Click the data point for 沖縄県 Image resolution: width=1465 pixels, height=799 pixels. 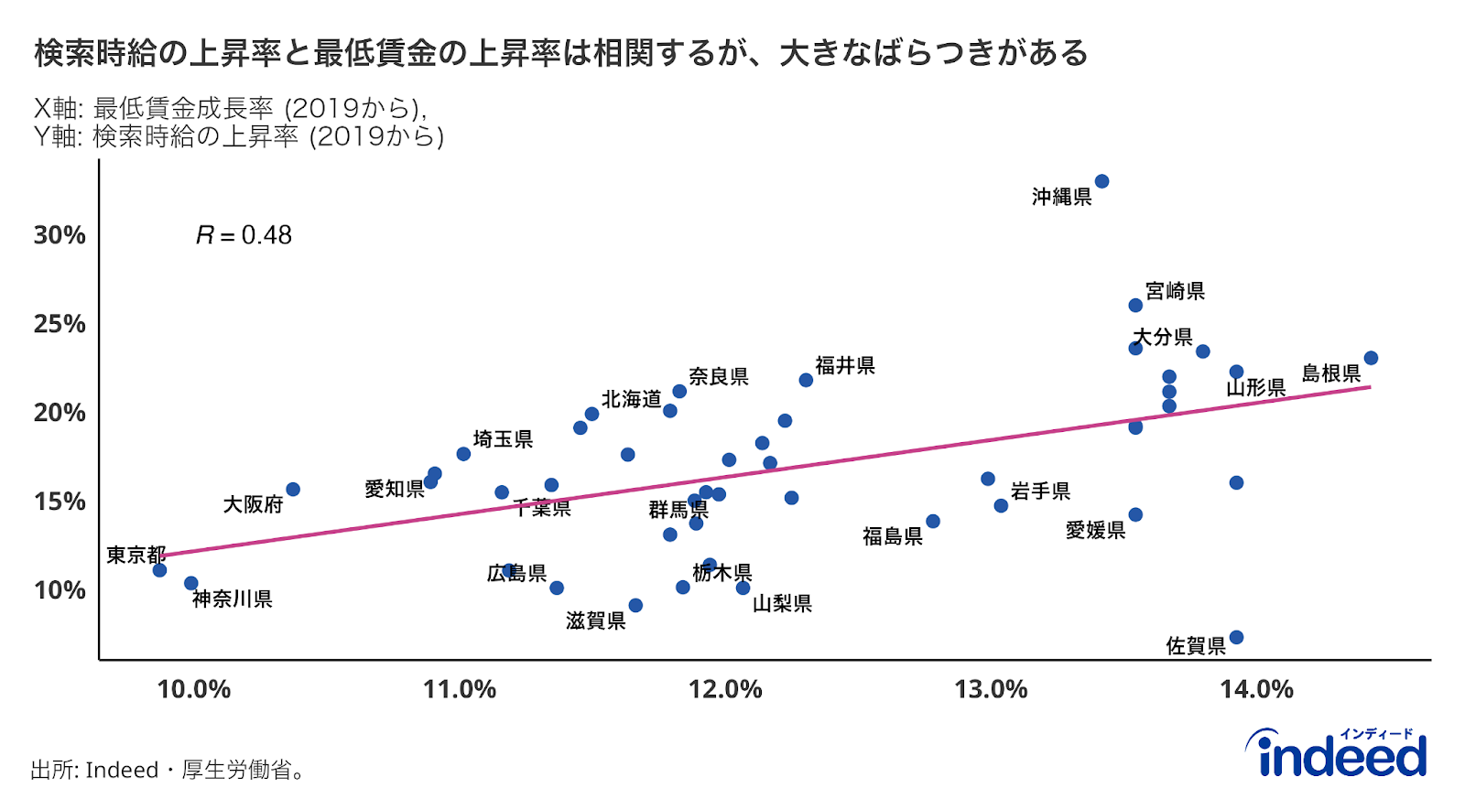click(x=1101, y=181)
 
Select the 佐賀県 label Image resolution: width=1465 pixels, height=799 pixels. click(x=1195, y=646)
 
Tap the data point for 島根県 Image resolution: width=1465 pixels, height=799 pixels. click(x=1370, y=358)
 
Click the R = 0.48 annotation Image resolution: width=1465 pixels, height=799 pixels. click(x=244, y=235)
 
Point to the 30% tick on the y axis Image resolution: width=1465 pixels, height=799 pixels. click(x=60, y=235)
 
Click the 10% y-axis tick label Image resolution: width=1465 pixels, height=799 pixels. click(x=60, y=590)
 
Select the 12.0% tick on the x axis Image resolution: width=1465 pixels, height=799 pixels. click(x=725, y=689)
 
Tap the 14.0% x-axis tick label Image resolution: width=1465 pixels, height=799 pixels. click(x=1256, y=689)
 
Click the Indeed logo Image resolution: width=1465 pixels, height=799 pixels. click(x=1341, y=754)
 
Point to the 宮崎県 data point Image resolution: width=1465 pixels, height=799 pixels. click(x=1135, y=305)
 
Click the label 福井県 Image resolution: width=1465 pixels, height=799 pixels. click(x=844, y=366)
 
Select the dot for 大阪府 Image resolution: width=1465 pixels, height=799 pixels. click(x=293, y=490)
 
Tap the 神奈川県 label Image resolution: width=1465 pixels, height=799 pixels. click(x=233, y=599)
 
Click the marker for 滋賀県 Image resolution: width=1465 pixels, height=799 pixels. click(x=635, y=605)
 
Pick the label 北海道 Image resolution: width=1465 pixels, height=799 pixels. click(x=631, y=400)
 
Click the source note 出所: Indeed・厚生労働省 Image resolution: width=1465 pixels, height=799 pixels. click(x=167, y=770)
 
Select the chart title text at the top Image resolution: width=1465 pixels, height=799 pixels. click(x=560, y=53)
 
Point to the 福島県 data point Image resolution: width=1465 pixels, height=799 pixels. click(x=932, y=521)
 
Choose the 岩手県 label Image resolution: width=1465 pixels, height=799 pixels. click(x=1040, y=491)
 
